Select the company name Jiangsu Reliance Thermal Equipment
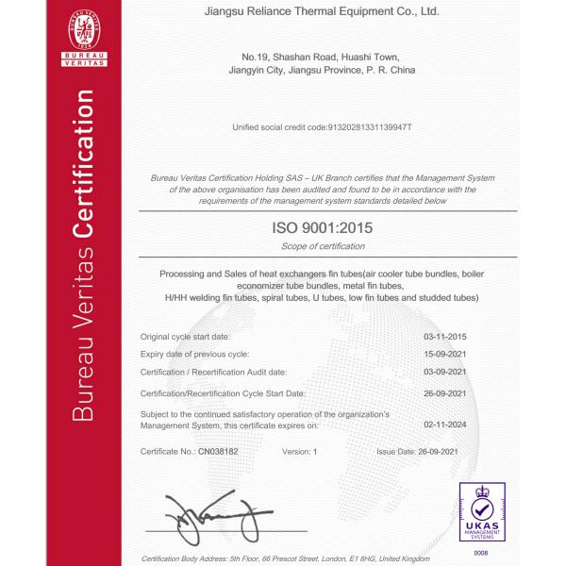(322, 12)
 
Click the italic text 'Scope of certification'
(323, 246)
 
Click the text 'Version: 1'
(300, 452)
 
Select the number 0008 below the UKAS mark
(481, 552)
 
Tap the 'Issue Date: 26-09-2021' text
(421, 452)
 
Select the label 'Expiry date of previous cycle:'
(194, 354)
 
